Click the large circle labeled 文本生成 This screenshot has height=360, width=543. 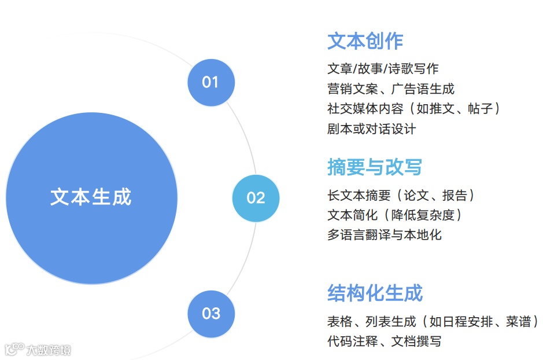pos(91,197)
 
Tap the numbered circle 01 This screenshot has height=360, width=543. pos(210,82)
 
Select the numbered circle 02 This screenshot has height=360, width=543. pos(255,198)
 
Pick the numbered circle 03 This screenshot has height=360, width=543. pos(210,314)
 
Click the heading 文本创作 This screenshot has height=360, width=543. pos(365,41)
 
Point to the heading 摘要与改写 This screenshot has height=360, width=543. pos(374,167)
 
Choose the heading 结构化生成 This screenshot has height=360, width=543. pos(375,293)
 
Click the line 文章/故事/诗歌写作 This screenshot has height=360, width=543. pos(383,69)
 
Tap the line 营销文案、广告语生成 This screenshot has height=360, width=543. pos(391,89)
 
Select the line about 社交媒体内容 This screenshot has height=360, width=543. pos(413,108)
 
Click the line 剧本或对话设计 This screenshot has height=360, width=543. pos(371,128)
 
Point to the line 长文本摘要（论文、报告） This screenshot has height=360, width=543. pos(401,195)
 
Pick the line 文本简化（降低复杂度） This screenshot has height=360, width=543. pos(394,215)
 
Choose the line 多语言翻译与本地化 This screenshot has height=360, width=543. pos(385,234)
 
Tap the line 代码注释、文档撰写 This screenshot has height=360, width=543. pos(385,341)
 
